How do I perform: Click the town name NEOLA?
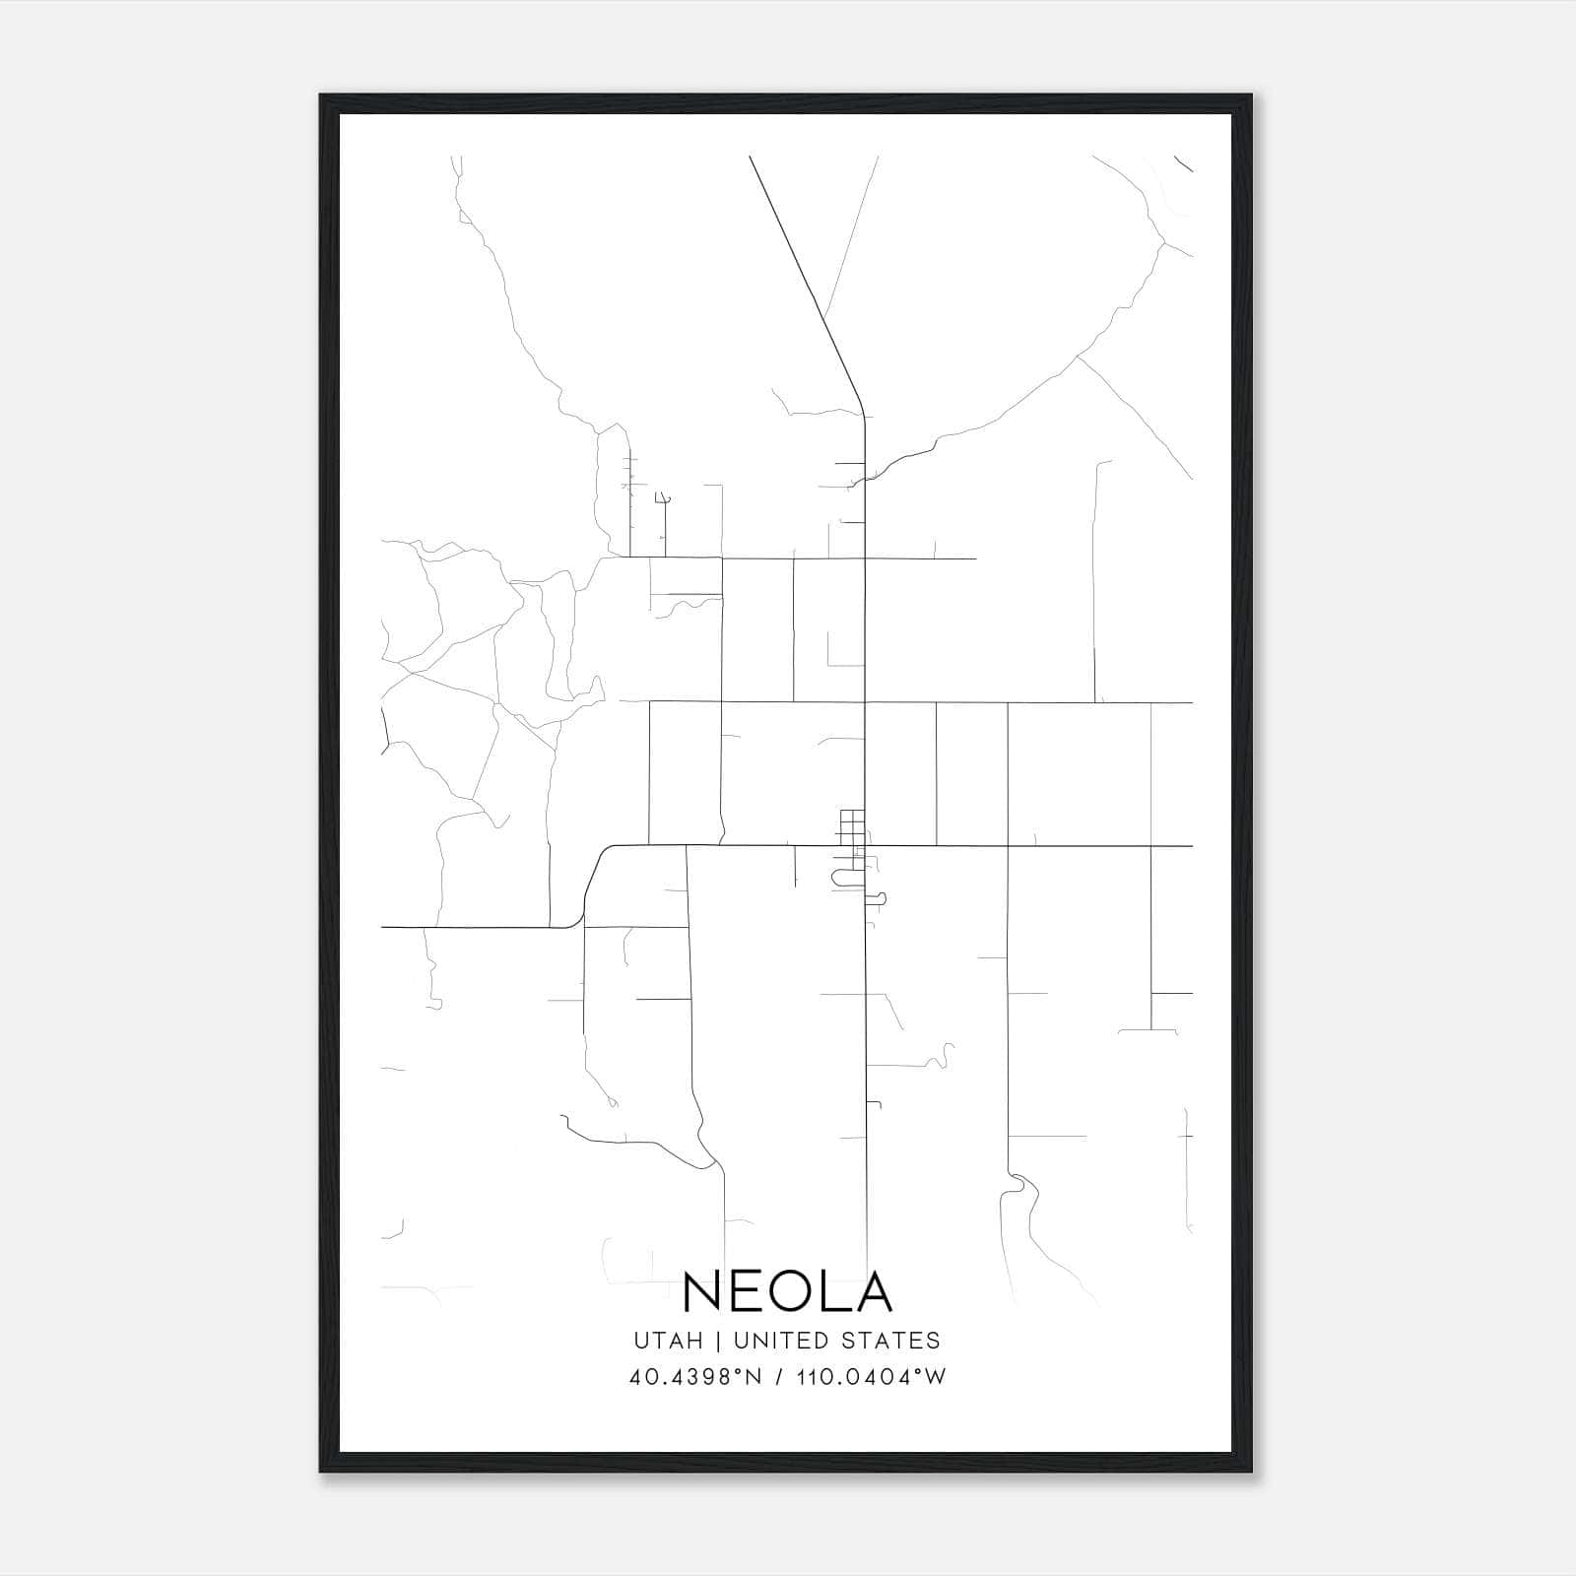coord(787,1291)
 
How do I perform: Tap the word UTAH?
coord(668,1341)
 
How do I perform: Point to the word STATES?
coord(893,1341)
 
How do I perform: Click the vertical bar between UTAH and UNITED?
coord(719,1341)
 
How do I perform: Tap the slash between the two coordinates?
coord(781,1377)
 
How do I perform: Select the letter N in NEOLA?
coord(701,1291)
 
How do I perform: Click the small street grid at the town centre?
coord(852,825)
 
